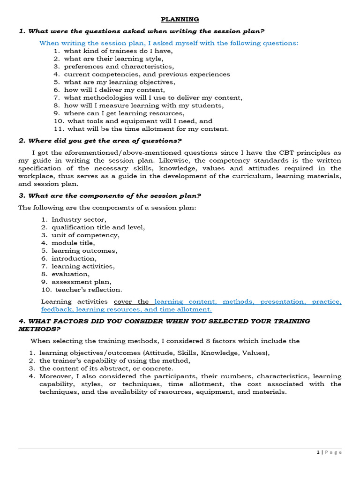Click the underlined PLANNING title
180,19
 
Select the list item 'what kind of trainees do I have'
115,51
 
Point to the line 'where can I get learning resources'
124,113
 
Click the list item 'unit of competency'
85,235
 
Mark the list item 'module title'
73,243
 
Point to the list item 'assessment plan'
82,282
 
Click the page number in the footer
318,452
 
